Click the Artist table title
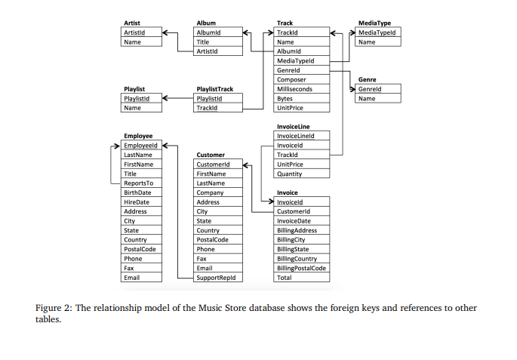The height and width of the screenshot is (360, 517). (x=131, y=23)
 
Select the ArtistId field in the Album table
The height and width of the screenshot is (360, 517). (x=207, y=51)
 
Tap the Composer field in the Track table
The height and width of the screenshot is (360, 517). (x=291, y=80)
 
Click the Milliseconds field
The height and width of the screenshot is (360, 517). (x=294, y=89)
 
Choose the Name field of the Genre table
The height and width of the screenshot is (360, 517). (x=367, y=99)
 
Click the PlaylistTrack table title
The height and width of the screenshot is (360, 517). (x=214, y=89)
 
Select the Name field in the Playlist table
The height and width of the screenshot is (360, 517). (x=132, y=108)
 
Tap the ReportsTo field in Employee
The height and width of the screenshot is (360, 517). (x=138, y=183)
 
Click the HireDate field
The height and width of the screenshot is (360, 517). (x=137, y=202)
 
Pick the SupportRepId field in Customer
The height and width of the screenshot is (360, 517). (x=216, y=278)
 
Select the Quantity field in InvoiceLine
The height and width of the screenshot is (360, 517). (x=289, y=174)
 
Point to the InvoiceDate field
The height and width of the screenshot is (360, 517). (x=294, y=221)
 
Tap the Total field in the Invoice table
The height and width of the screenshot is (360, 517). (x=285, y=278)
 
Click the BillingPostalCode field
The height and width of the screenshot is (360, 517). (x=301, y=268)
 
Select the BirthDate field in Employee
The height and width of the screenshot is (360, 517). (x=137, y=192)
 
